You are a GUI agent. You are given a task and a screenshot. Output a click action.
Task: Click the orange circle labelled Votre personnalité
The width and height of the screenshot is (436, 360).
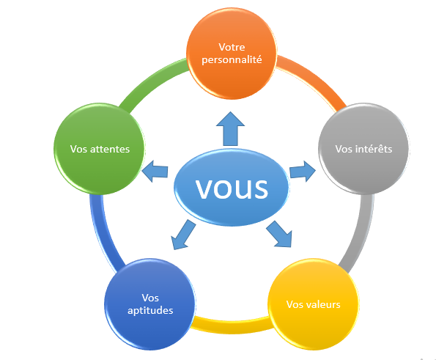(x=232, y=54)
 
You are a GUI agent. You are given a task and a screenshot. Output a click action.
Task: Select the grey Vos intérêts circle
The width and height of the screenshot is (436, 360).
(x=363, y=149)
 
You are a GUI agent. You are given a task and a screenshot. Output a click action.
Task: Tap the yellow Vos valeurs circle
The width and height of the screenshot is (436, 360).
(x=313, y=304)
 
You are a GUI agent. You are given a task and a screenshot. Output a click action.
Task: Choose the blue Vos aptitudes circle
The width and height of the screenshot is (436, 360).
(x=150, y=304)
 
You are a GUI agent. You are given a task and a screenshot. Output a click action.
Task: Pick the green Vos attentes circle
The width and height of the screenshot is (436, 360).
(x=99, y=149)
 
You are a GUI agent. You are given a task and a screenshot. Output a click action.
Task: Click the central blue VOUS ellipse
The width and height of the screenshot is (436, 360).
(x=232, y=187)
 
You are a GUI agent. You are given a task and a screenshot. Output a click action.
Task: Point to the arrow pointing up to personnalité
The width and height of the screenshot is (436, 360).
(x=231, y=129)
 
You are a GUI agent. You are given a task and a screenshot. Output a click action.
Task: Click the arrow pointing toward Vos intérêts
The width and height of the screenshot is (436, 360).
(x=303, y=171)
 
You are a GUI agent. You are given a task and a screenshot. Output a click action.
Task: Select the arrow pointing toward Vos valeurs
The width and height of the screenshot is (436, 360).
(x=280, y=234)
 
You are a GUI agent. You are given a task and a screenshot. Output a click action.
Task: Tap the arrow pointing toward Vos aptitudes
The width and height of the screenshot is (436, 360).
(x=183, y=235)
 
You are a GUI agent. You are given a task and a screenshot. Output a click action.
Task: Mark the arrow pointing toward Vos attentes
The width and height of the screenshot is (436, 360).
(x=155, y=172)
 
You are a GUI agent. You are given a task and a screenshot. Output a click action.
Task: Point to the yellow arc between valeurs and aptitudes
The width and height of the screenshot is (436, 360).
(x=232, y=325)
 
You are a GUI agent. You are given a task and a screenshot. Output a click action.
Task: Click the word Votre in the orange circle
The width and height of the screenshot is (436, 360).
(x=232, y=47)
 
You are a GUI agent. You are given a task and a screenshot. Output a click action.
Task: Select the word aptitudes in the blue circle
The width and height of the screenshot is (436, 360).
(x=150, y=310)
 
